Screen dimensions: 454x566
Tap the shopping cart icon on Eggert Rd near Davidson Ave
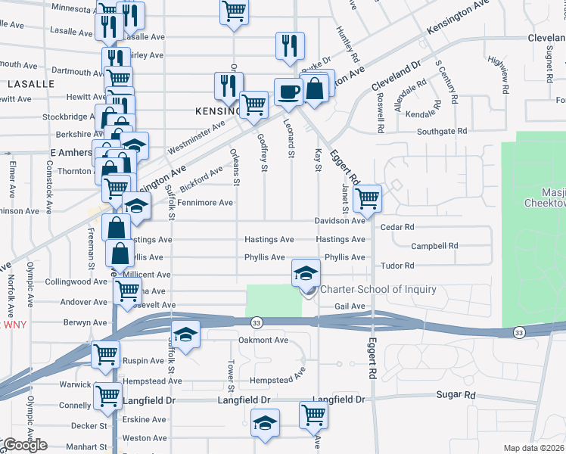coord(367,199)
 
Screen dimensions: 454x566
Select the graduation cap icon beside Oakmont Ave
coord(184,334)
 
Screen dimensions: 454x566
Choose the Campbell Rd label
coord(434,246)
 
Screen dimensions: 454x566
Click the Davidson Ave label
coord(341,221)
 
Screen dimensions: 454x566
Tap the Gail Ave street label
coord(350,306)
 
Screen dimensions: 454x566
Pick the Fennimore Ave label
coord(204,203)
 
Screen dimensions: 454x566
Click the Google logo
coord(25,445)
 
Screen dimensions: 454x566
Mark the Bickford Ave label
coord(201,179)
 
